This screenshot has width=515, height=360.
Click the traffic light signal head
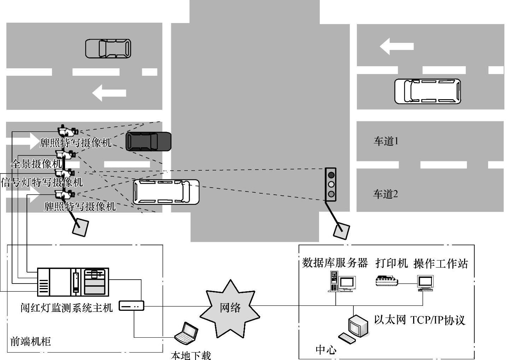click(331, 184)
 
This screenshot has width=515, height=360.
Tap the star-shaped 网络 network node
click(230, 308)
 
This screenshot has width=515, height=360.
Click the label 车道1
click(386, 141)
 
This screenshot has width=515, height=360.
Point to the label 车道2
click(386, 194)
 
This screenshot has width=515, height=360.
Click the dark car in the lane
click(149, 141)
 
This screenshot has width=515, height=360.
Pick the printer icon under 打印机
click(386, 280)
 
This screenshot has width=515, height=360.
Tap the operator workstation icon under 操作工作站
click(425, 283)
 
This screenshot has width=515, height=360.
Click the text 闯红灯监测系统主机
click(66, 308)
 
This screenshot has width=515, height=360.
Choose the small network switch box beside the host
click(131, 305)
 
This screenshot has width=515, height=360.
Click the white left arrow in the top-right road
click(397, 46)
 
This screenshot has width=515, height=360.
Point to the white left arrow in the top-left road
click(109, 93)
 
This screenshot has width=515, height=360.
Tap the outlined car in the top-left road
click(108, 48)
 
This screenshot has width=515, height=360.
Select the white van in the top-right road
click(428, 91)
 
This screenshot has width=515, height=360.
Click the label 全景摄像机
click(37, 164)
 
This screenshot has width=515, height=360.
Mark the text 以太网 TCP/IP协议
click(419, 320)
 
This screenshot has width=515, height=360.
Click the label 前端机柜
click(30, 341)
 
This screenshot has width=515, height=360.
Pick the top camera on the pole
click(67, 131)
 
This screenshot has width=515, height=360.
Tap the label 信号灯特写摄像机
click(42, 182)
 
